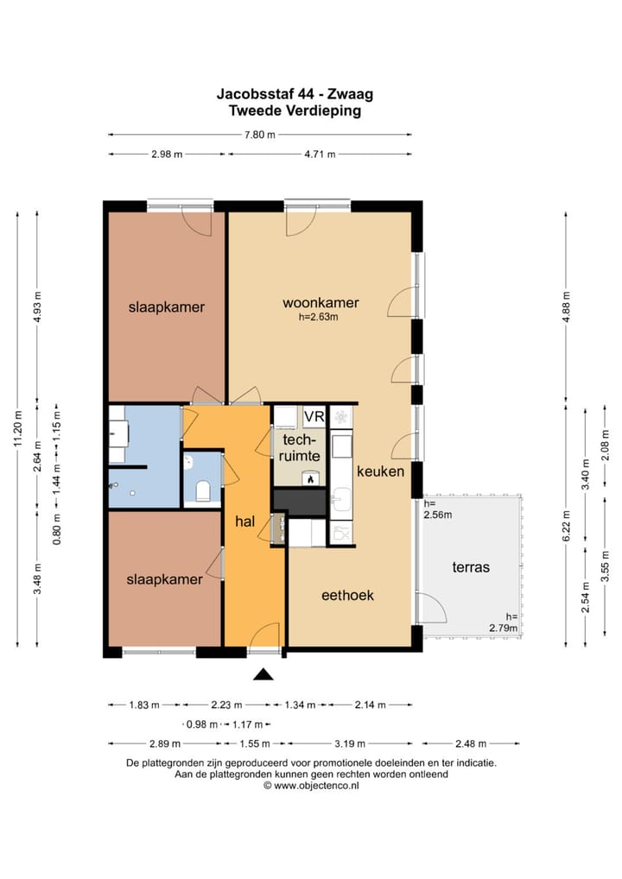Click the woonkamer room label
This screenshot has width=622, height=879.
[x=321, y=303]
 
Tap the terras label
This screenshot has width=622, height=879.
[x=471, y=567]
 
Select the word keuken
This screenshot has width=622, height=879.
[x=380, y=471]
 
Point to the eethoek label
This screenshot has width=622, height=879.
[x=347, y=595]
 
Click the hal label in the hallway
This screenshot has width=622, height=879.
[x=245, y=522]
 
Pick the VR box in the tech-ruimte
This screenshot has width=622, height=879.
[x=314, y=416]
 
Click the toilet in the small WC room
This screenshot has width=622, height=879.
[x=202, y=491]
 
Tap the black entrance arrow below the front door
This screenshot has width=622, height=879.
[x=263, y=674]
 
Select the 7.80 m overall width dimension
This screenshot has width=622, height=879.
[x=260, y=135]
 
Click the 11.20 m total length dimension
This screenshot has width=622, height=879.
[x=18, y=429]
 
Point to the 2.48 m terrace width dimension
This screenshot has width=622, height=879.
[x=471, y=744]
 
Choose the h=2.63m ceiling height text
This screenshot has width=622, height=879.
[x=319, y=317]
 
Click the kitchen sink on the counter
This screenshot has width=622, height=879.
[x=341, y=497]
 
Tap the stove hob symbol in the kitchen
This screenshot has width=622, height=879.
[x=340, y=417]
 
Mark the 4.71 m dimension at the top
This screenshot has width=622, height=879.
[x=320, y=155]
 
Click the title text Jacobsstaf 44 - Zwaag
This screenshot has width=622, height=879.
[x=295, y=93]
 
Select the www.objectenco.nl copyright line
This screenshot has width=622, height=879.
[x=311, y=786]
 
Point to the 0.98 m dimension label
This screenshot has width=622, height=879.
[x=202, y=724]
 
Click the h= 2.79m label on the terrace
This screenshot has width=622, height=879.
[x=503, y=623]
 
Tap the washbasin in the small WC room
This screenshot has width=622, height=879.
[x=189, y=463]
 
